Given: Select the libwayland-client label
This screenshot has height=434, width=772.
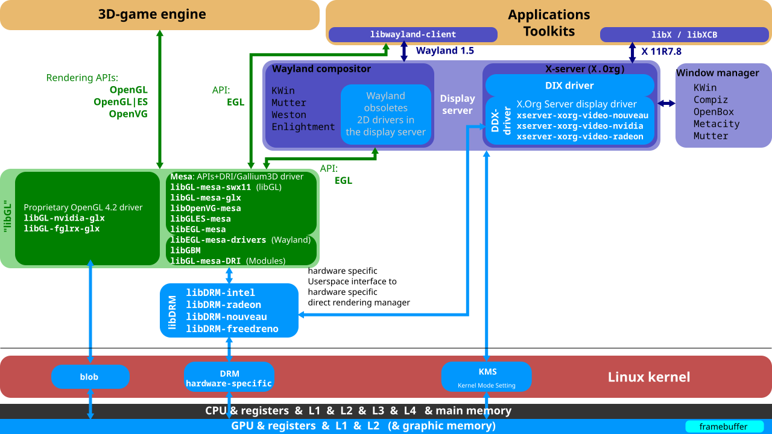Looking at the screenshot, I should click(413, 35).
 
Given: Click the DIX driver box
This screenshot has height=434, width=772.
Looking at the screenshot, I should click(569, 86).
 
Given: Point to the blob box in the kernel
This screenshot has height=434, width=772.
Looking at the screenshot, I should click(89, 377).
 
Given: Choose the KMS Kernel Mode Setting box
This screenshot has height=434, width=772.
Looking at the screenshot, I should click(486, 377).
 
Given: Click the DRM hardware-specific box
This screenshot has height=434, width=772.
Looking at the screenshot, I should click(229, 378).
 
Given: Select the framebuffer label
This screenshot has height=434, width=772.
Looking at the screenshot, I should click(723, 427).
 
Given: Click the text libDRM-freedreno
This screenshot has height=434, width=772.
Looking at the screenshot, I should click(232, 329).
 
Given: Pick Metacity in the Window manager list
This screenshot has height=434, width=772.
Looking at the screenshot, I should click(716, 124).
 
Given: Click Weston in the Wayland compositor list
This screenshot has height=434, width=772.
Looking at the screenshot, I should click(289, 115).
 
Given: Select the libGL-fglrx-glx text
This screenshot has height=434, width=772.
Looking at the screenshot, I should click(62, 229).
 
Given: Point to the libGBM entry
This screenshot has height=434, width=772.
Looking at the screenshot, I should click(185, 250).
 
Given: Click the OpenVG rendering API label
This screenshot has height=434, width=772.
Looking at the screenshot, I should click(128, 114).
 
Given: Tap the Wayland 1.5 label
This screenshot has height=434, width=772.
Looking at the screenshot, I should click(445, 51).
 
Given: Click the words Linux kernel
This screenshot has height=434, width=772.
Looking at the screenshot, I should click(648, 377).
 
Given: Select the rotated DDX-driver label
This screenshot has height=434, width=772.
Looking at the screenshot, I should click(500, 121).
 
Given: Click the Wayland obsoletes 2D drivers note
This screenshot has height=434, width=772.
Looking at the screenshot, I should click(385, 114).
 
